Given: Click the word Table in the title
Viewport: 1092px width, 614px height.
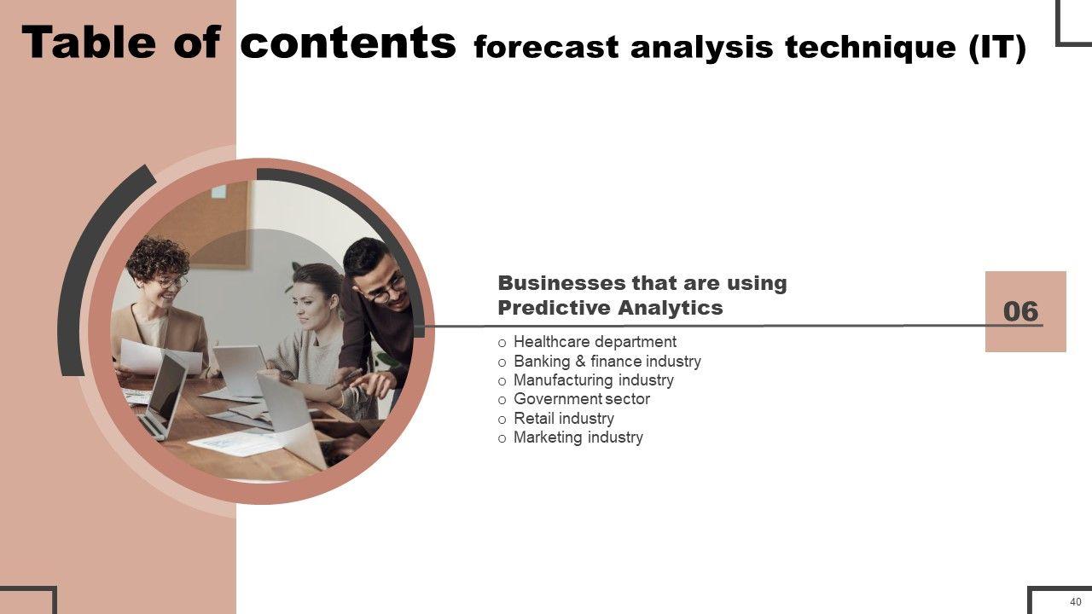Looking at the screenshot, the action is click(x=89, y=42).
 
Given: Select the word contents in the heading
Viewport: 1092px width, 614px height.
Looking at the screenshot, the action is click(x=348, y=42).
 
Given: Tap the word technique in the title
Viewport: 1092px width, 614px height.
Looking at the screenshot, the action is click(x=870, y=48).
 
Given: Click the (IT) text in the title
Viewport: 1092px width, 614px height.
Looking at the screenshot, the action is click(x=997, y=48).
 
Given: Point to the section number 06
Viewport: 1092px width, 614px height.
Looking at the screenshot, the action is click(x=1021, y=311).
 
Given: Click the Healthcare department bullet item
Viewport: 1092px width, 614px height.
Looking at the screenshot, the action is click(x=595, y=342).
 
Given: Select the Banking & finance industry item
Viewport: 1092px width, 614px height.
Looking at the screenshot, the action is click(x=607, y=361).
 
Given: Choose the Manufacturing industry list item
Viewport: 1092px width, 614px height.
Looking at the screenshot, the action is click(x=593, y=380).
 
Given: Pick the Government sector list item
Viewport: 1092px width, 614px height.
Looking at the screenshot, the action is click(x=582, y=399).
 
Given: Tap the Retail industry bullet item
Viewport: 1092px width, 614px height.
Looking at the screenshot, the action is click(x=564, y=418).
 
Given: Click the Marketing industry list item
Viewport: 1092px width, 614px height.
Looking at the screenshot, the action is click(x=578, y=437).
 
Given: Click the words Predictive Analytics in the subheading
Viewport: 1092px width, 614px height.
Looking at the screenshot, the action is click(x=610, y=308).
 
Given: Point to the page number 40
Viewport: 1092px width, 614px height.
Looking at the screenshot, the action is click(x=1076, y=602).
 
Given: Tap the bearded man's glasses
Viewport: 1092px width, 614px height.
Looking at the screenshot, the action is click(x=388, y=291).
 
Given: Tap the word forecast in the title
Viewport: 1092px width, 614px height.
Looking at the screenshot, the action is click(x=547, y=48).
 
